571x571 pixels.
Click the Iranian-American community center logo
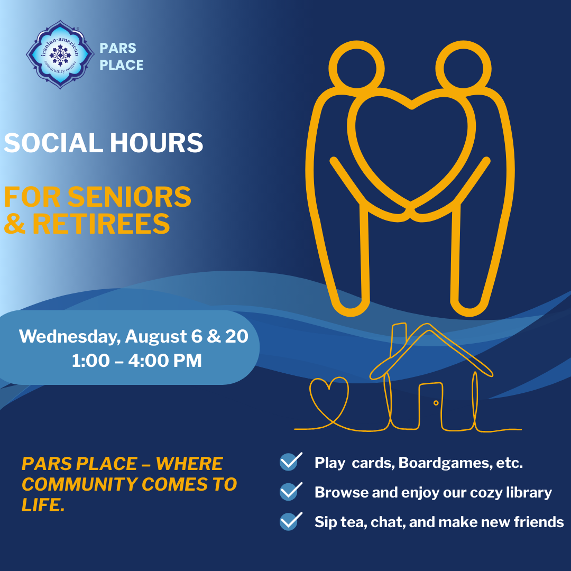pos(60,54)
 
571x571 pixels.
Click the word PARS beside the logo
pos(118,48)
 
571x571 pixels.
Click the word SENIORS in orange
pos(130,197)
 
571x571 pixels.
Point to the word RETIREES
pos(101,224)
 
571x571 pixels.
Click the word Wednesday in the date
pos(69,336)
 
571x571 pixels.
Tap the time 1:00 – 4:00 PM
pos(136,361)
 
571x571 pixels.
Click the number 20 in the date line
pos(236,336)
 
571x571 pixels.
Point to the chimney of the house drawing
pos(397,341)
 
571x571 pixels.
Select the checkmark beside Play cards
pos(290,462)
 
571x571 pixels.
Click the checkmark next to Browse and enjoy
pos(290,491)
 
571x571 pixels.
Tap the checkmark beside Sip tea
pos(290,521)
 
